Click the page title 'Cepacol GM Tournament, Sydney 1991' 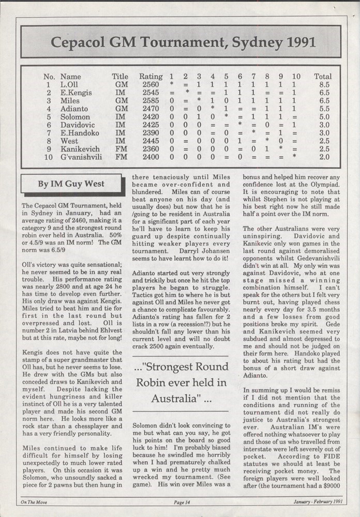(180, 42)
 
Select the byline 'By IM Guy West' (71, 184)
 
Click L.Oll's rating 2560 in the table (151, 85)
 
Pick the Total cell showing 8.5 (322, 85)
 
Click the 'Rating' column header (151, 77)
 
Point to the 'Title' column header (120, 77)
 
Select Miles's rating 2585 (151, 101)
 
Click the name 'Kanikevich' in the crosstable (80, 149)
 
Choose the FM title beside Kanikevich (121, 149)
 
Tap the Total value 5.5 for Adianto (322, 109)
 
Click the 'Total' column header (323, 77)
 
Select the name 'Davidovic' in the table (78, 125)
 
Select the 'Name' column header (71, 77)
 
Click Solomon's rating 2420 (151, 117)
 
